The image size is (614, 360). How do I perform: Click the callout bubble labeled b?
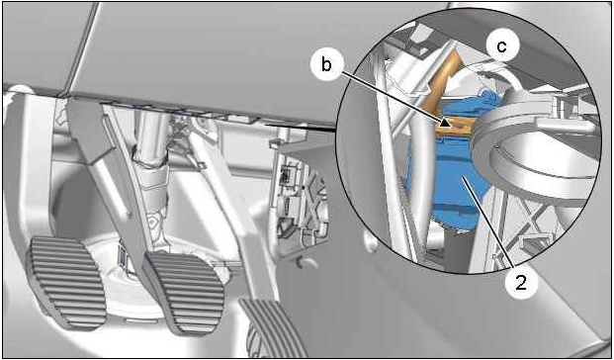coord(326,65)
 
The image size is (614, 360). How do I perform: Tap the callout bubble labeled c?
coord(502,46)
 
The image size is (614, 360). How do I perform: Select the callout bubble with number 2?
coord(520,283)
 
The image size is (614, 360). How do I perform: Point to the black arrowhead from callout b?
coord(445,123)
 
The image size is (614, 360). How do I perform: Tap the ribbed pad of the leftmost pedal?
coord(65,281)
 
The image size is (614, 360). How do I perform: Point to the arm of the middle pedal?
coord(118,176)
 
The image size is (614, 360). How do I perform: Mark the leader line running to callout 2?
coord(491,224)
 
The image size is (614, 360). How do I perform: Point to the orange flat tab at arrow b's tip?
coord(456,128)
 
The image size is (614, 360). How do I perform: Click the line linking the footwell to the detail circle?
coord(301,127)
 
